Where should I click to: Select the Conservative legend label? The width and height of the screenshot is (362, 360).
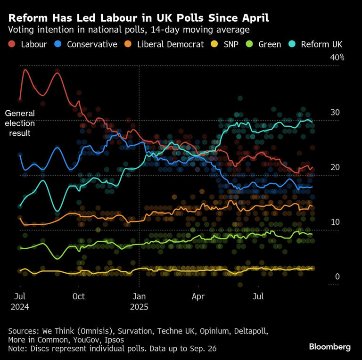[x=92, y=45]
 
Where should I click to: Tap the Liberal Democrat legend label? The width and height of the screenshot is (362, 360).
[x=170, y=45]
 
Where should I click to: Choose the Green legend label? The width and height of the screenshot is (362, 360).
[x=270, y=45]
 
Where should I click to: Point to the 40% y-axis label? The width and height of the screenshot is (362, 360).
[x=337, y=58]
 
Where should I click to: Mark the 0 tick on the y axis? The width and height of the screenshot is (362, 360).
[x=337, y=277]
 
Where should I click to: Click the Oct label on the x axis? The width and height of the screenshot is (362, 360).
[x=79, y=296]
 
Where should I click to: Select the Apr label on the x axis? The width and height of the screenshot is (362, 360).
[x=198, y=296]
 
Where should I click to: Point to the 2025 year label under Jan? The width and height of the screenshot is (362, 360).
[x=139, y=306]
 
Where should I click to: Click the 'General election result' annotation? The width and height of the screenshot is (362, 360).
[x=20, y=123]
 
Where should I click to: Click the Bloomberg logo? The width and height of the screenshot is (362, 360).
[x=329, y=347]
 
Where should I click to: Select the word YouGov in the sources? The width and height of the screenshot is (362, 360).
[x=88, y=339]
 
